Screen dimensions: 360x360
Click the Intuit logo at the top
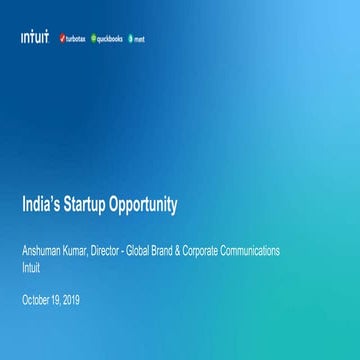pyautogui.click(x=34, y=37)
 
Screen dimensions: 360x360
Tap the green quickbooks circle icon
pyautogui.click(x=90, y=38)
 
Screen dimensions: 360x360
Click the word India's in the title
pyautogui.click(x=41, y=208)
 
